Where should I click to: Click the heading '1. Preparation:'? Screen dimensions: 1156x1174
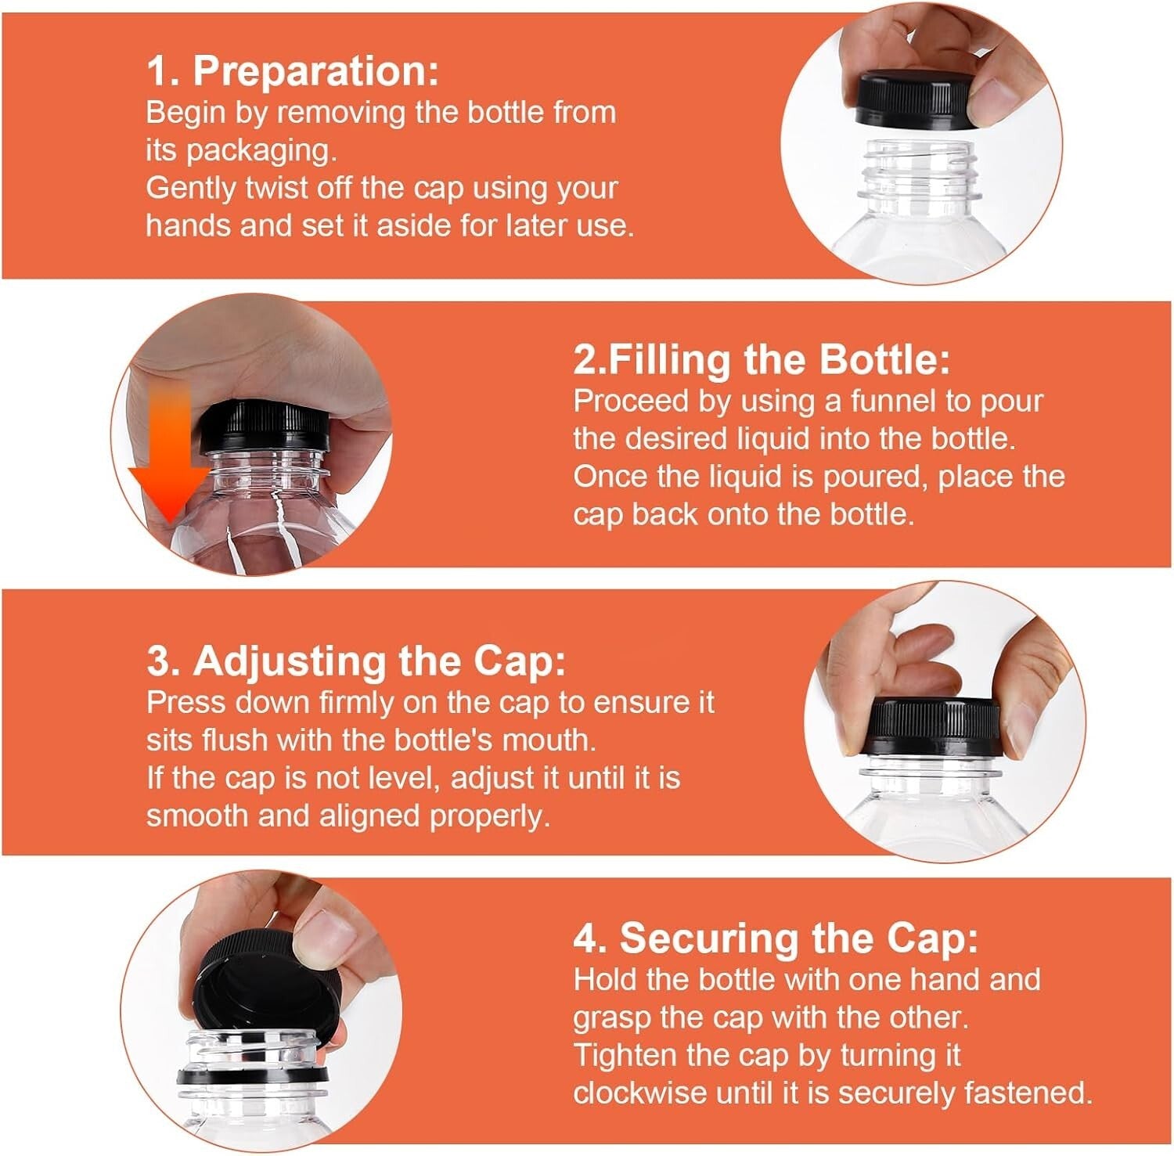(292, 71)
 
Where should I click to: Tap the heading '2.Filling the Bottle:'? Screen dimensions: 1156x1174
(761, 360)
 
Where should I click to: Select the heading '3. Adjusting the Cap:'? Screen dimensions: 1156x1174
(355, 661)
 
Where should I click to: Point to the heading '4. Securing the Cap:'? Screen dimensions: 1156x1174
(775, 938)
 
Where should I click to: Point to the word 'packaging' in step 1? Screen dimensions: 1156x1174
(261, 150)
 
